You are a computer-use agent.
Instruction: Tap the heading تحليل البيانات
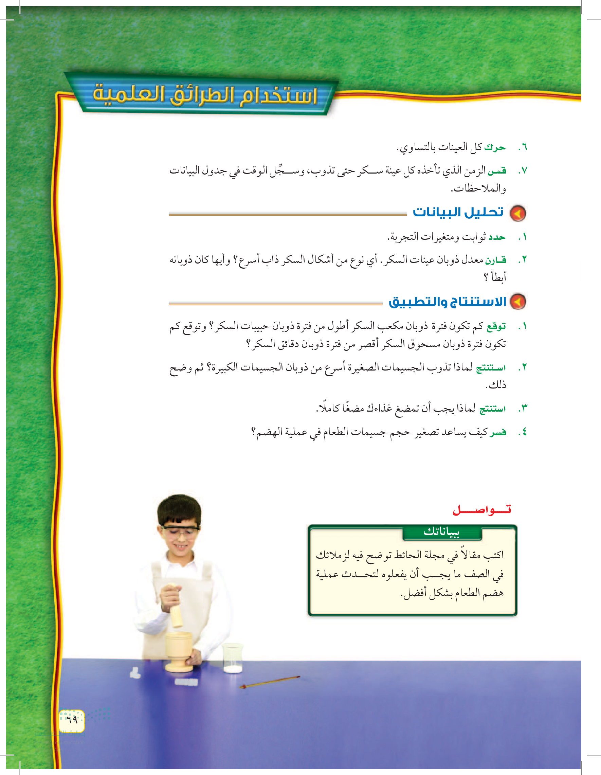point(458,212)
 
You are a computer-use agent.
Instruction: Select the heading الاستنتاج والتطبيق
point(447,302)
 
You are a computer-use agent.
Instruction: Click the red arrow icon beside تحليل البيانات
point(517,213)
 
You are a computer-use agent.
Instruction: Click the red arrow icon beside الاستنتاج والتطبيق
point(517,302)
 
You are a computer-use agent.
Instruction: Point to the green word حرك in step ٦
point(495,147)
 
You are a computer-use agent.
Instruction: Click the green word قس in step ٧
point(497,171)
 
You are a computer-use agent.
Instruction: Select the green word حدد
point(497,237)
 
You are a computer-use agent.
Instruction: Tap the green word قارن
point(495,260)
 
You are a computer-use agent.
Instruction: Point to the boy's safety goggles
point(180,531)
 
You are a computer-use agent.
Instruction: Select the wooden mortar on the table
point(179,651)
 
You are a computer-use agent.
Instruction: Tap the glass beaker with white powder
point(232,658)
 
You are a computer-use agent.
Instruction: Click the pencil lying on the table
point(270,681)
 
